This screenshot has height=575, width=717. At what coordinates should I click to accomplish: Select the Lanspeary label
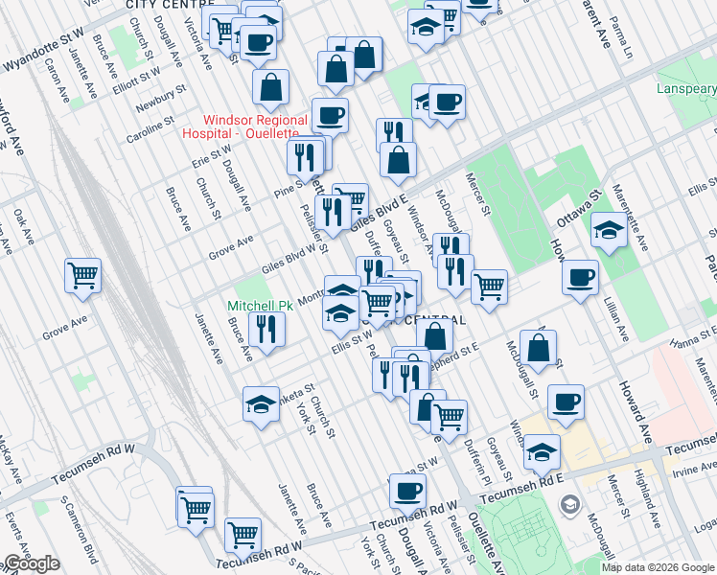point(685,89)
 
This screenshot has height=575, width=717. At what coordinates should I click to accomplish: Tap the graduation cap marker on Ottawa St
point(608,229)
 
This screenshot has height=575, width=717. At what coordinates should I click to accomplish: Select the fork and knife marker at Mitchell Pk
point(266,329)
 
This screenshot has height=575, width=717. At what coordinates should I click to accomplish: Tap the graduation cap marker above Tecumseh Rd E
point(543,450)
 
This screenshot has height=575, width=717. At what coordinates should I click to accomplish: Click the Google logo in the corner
point(31,563)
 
